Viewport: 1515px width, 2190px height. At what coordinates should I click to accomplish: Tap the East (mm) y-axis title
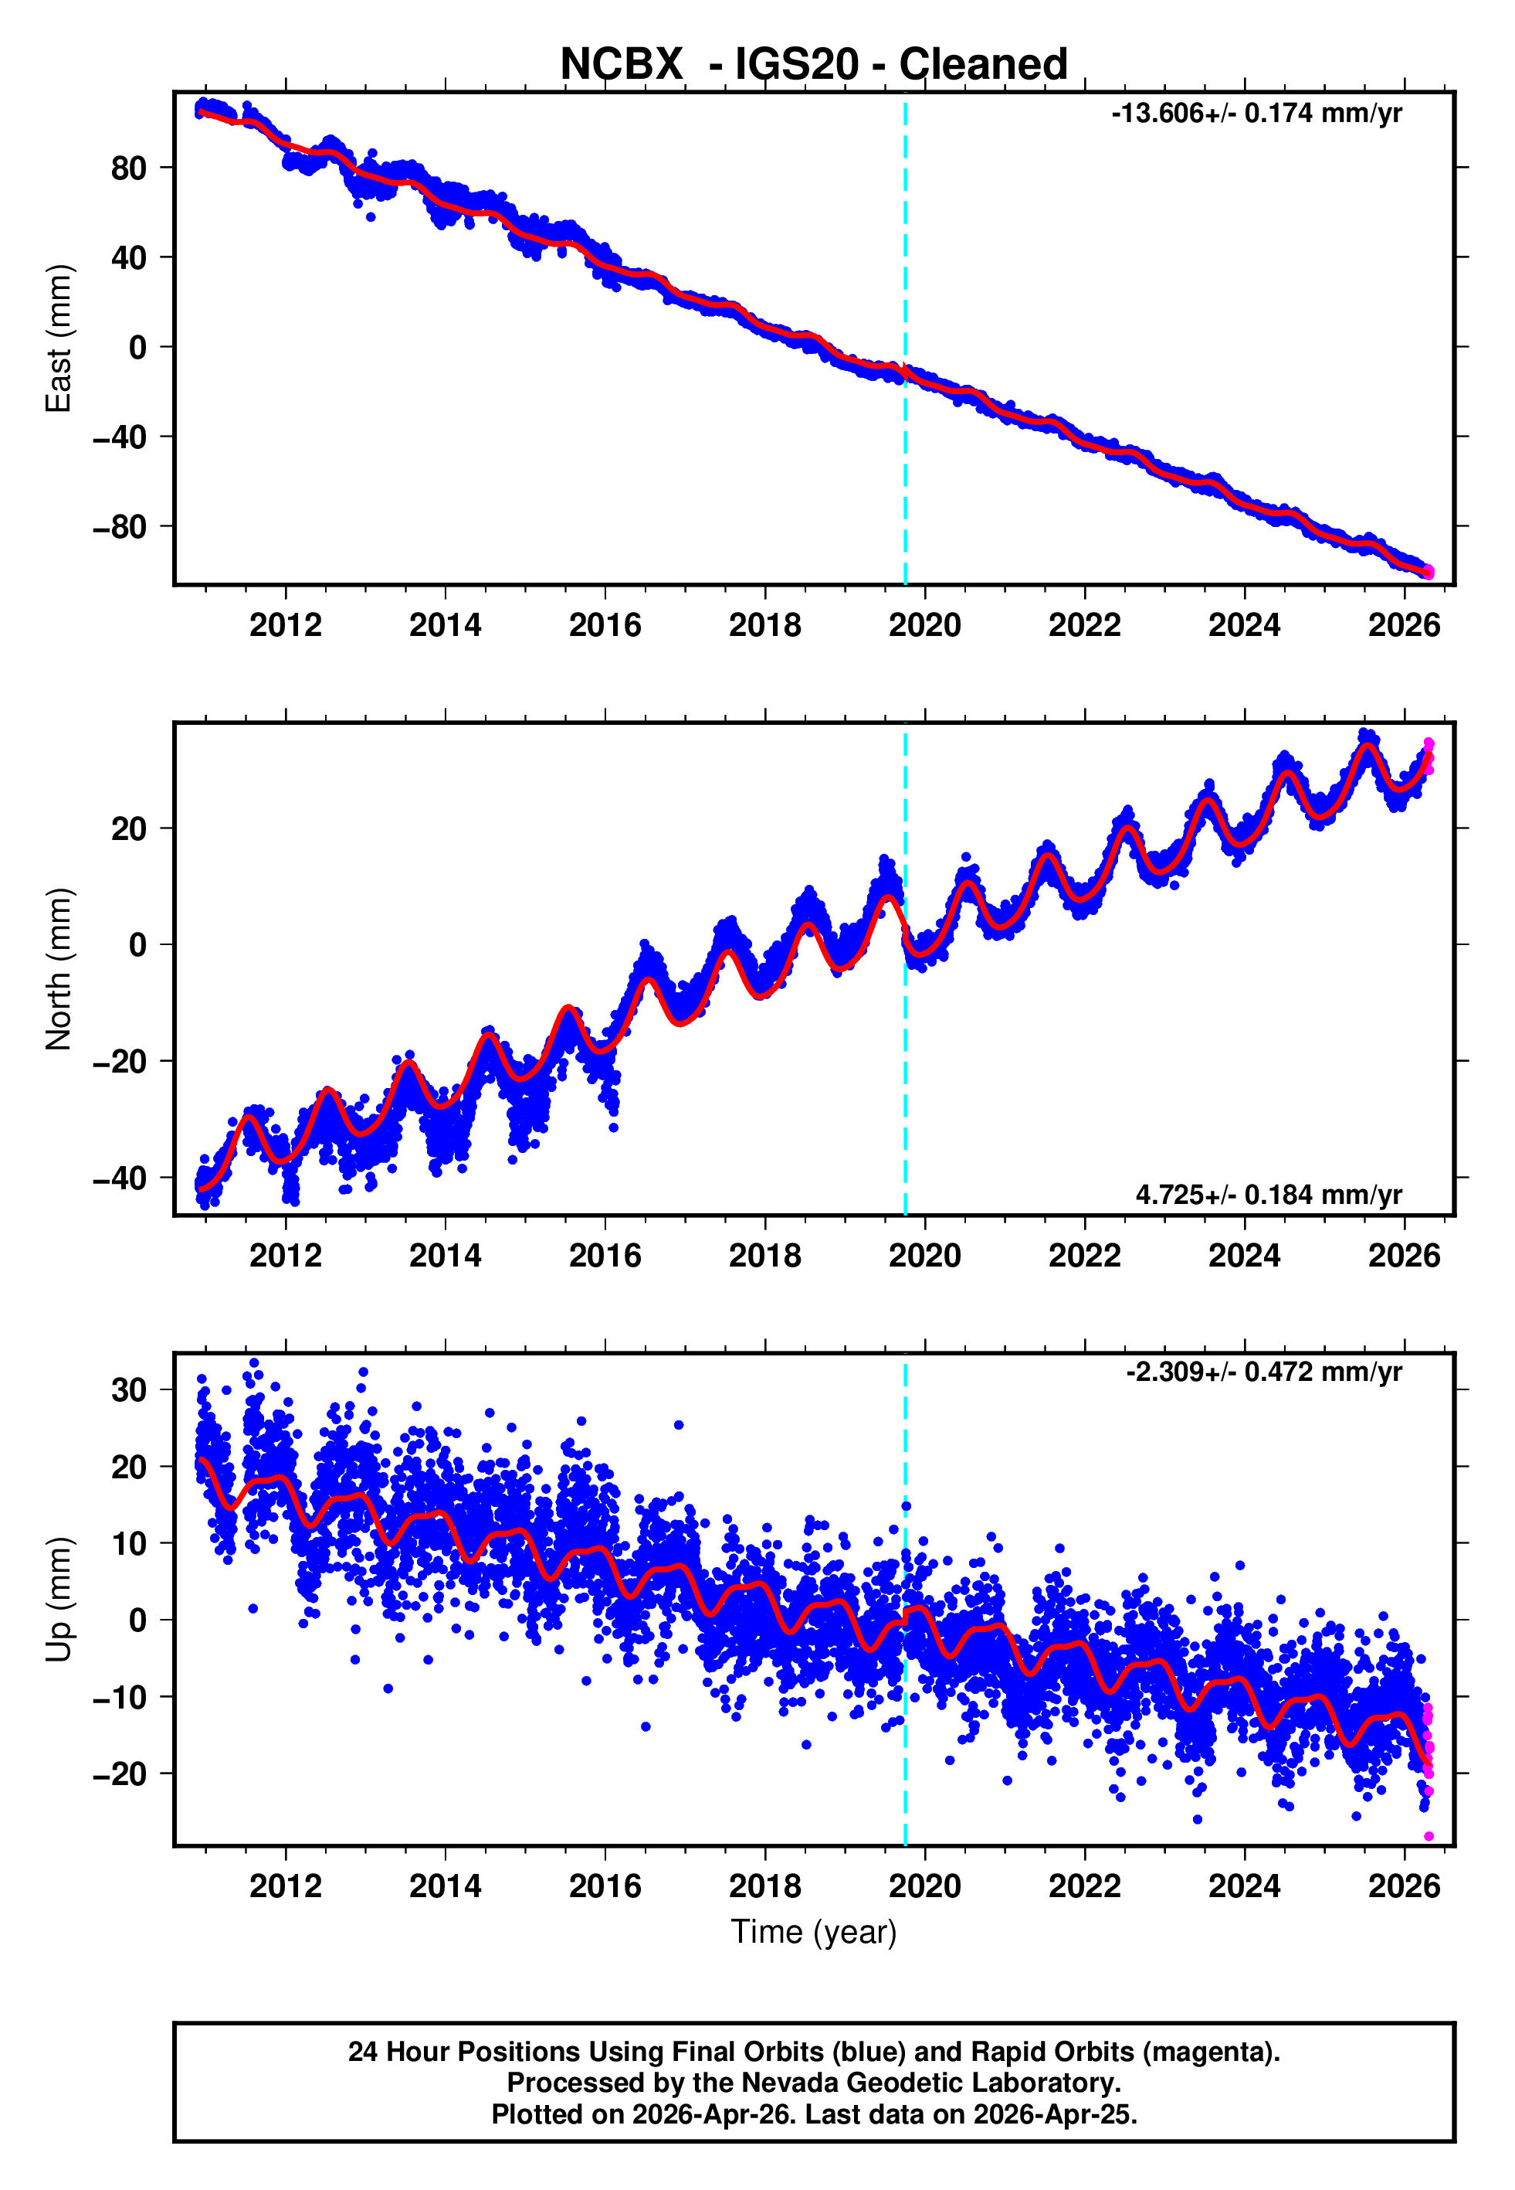click(x=59, y=338)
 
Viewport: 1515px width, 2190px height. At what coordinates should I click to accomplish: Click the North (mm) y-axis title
click(x=59, y=969)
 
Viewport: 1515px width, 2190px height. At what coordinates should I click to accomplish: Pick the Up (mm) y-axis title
click(x=59, y=1600)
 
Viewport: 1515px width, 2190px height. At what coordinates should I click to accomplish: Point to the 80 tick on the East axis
click(x=128, y=168)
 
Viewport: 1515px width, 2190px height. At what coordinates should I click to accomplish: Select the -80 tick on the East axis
click(x=120, y=526)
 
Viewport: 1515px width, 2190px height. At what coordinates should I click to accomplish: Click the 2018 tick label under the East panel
click(x=764, y=625)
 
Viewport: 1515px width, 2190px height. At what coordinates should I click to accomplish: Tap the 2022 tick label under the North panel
click(x=1084, y=1256)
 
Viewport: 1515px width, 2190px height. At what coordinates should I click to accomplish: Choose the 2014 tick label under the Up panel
click(x=446, y=1886)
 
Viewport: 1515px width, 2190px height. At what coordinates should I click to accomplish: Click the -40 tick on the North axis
click(x=120, y=1178)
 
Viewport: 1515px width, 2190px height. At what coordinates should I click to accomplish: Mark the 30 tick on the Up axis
click(x=128, y=1389)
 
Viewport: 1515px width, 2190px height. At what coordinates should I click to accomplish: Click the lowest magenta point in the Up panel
click(x=1429, y=1837)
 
